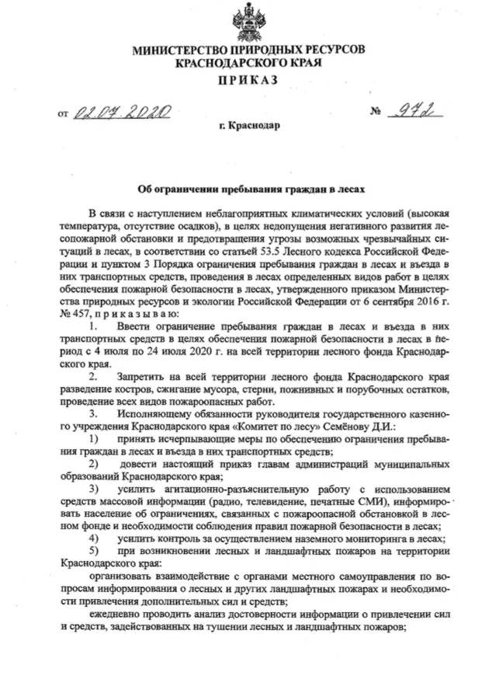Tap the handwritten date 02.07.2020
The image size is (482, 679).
tap(121, 113)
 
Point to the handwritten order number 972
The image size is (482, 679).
tap(411, 113)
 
